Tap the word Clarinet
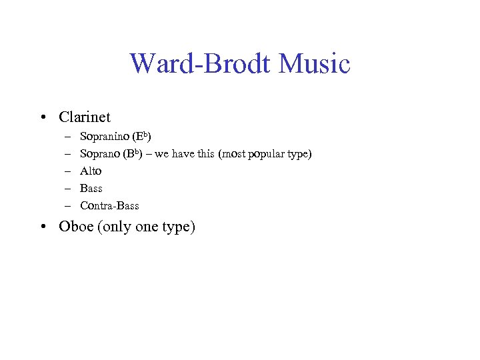(85, 117)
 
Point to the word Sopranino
(105, 137)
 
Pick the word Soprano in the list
(100, 155)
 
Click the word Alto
(91, 171)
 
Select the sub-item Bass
(91, 189)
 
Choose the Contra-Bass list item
(109, 206)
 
